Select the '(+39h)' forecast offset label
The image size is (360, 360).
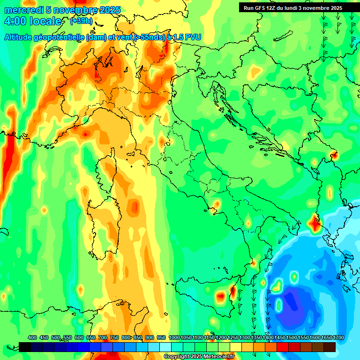(x=81, y=21)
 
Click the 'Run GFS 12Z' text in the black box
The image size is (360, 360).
(x=261, y=8)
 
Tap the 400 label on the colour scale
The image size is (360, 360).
(x=32, y=338)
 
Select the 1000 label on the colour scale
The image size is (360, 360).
(x=174, y=338)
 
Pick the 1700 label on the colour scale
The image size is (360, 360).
(x=327, y=338)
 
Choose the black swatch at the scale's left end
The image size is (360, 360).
(x=25, y=347)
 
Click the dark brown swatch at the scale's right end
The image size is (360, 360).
(x=330, y=347)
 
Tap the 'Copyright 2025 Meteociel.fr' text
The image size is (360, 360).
(x=199, y=357)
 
